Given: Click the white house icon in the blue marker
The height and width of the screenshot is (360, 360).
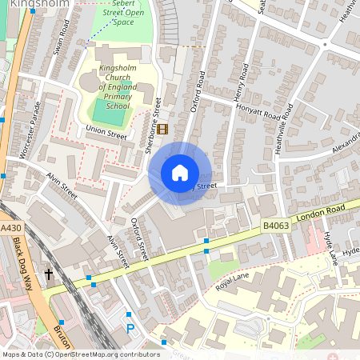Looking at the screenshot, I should tap(180, 173).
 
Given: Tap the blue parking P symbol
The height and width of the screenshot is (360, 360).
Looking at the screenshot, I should tap(130, 328).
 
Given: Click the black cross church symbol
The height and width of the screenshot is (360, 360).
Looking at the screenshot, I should tap(49, 274).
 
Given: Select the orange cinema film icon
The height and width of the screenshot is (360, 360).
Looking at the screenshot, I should tap(163, 129).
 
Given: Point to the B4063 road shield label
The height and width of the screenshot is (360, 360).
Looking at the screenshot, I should tap(276, 227).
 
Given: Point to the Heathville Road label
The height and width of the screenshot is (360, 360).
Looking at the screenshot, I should tap(286, 130).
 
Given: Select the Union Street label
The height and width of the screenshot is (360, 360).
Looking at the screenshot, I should tap(106, 135).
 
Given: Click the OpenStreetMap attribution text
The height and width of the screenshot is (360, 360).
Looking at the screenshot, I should tap(81, 354).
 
